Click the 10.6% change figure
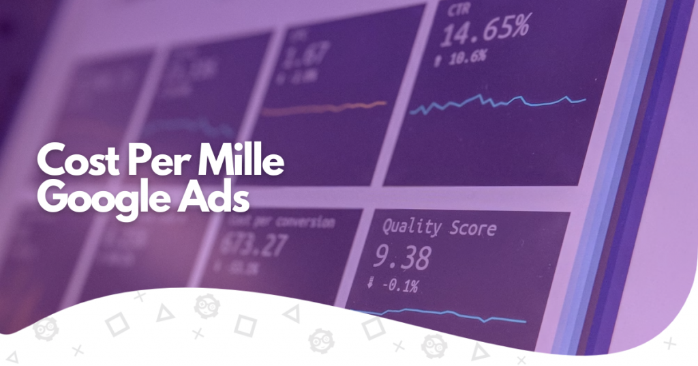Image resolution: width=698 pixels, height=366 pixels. tap(472, 57)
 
